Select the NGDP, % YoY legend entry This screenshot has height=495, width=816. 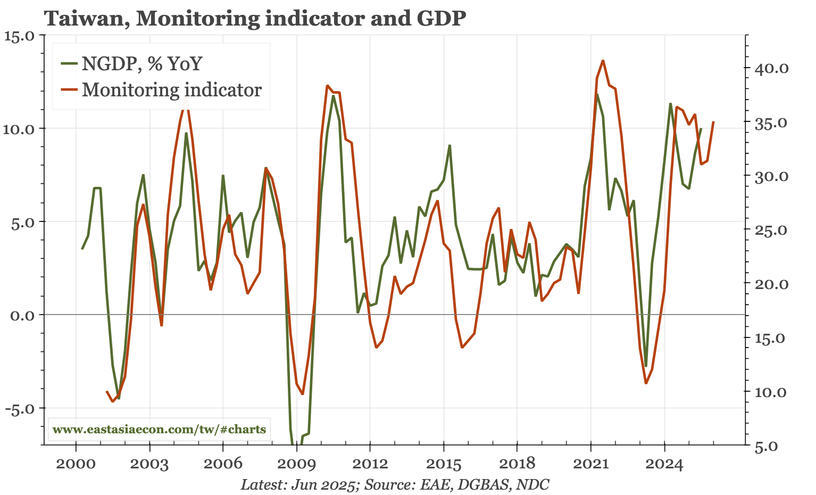coord(141,64)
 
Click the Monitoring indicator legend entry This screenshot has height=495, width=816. coord(171,89)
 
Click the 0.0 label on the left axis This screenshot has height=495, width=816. coord(22,315)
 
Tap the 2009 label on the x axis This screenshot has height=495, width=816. coord(296,464)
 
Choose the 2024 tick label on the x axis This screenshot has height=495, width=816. coord(664,464)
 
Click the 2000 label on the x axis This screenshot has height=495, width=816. coord(76,464)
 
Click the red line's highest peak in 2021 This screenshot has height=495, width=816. coord(603,61)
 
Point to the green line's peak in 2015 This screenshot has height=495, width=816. coord(449,145)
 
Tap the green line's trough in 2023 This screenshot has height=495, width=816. coord(646,366)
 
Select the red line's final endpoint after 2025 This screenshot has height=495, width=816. coord(713,122)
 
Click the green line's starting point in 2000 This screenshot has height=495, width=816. coord(82,249)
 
